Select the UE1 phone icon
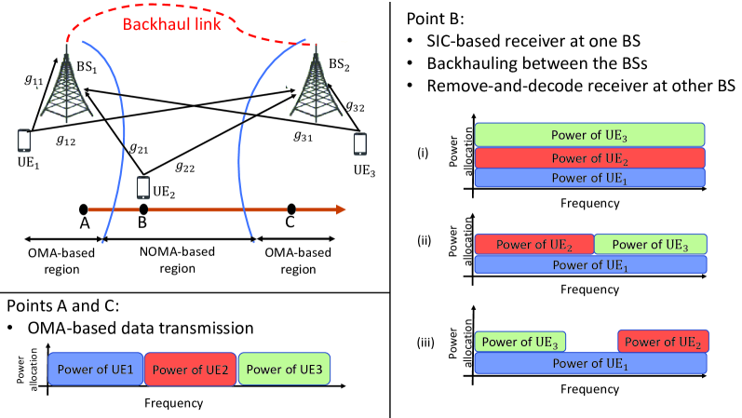[22, 141]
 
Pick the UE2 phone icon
[143, 187]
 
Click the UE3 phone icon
[360, 144]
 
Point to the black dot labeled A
[84, 209]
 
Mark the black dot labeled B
[142, 209]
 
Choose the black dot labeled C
[291, 209]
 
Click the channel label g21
[138, 149]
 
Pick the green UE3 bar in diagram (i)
[590, 134]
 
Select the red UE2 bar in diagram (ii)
[533, 244]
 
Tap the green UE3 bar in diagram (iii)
[519, 341]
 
